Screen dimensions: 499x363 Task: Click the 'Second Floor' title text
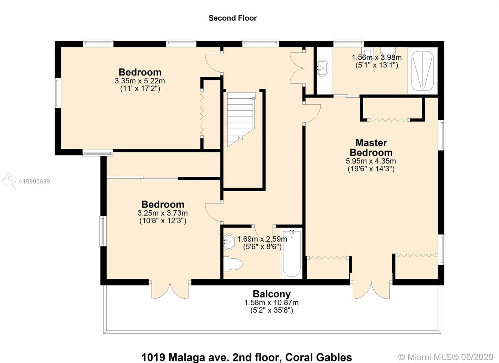(233, 18)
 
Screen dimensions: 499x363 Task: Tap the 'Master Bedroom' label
(371, 148)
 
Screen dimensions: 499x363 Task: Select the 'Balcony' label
(272, 294)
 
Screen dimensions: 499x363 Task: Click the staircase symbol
(241, 120)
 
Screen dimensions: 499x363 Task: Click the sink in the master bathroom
(322, 68)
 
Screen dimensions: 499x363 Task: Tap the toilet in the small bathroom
(233, 264)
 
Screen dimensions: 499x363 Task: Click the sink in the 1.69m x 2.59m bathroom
(229, 242)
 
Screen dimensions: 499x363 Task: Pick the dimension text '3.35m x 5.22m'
(140, 81)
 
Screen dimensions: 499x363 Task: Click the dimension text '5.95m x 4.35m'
(371, 161)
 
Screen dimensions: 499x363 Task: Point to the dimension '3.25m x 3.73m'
(162, 213)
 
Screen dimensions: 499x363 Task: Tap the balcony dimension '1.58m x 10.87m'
(271, 302)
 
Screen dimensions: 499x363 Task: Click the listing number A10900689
(34, 182)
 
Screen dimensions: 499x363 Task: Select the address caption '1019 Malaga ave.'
(185, 357)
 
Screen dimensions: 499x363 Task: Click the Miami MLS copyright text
(446, 357)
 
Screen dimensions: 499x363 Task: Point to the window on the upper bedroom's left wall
(57, 93)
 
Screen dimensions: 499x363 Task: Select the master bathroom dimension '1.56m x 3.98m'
(377, 57)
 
